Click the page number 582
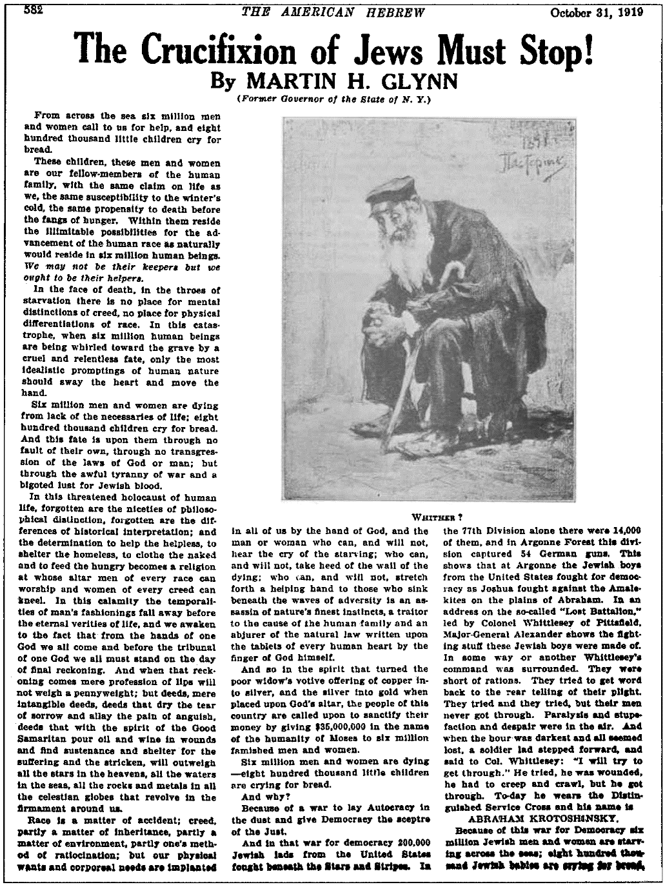point(14,9)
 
